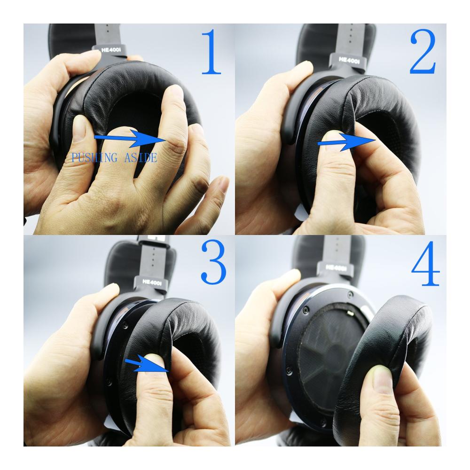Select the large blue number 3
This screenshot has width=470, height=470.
coord(213,262)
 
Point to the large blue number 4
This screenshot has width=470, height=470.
coord(425,263)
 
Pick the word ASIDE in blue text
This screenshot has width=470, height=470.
coord(140,157)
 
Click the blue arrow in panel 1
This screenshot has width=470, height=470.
coord(130,139)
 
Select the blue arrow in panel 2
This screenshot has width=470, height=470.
coord(346,142)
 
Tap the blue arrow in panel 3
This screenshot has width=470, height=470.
coord(147,365)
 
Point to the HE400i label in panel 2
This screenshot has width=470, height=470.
coord(349,60)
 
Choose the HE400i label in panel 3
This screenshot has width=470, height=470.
coord(152,282)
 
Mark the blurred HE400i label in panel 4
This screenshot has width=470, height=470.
coord(336,267)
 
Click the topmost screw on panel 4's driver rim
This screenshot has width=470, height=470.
coord(349,295)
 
